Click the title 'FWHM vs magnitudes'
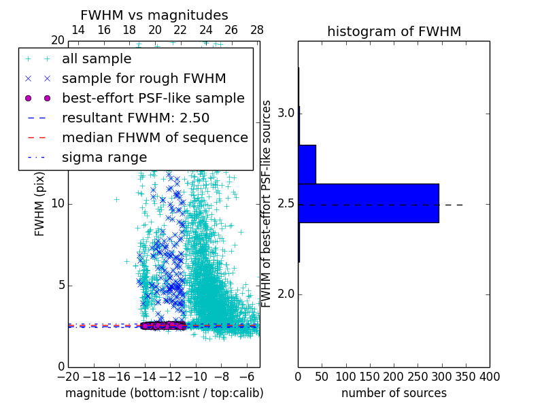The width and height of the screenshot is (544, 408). click(154, 15)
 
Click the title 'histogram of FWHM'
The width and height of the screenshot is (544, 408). click(394, 31)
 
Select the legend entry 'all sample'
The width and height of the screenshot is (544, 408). click(97, 59)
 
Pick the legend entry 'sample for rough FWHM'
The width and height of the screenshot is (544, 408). click(143, 78)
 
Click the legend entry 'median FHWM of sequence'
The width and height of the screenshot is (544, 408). click(154, 137)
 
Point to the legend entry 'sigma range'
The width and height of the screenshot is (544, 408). click(104, 157)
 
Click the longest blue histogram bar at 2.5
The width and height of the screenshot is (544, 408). click(368, 203)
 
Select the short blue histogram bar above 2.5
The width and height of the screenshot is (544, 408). click(307, 164)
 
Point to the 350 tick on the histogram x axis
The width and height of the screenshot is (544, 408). click(466, 377)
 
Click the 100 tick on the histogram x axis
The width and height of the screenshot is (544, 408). click(346, 377)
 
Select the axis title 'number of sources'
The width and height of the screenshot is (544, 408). click(394, 393)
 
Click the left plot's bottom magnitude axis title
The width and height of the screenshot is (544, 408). click(164, 393)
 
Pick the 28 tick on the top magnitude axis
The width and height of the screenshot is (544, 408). click(257, 30)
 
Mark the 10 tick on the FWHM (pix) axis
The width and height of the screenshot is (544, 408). click(58, 203)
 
